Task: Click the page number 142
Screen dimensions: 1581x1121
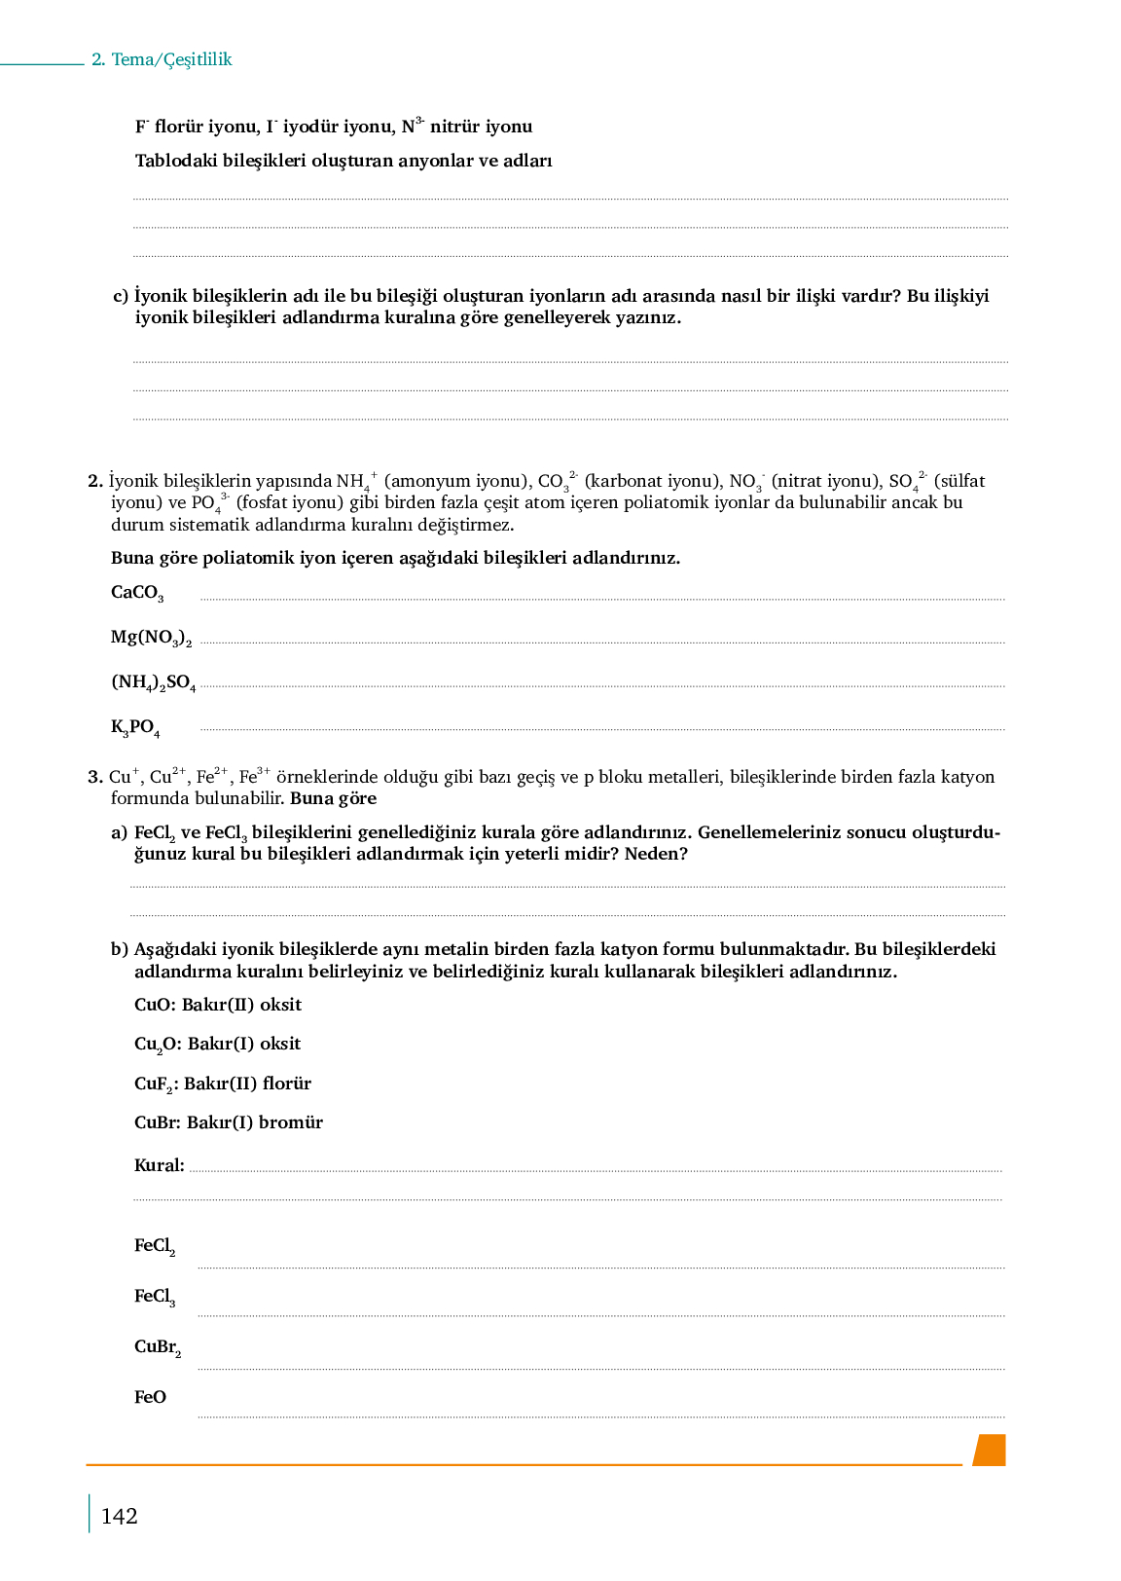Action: click(119, 1516)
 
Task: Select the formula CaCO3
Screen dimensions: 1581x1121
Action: click(137, 593)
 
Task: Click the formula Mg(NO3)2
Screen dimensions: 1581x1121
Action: click(151, 638)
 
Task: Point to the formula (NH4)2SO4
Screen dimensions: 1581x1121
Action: click(153, 682)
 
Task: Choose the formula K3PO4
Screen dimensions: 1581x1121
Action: click(135, 727)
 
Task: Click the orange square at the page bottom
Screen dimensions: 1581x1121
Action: click(990, 1450)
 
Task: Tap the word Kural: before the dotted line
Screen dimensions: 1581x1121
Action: click(159, 1165)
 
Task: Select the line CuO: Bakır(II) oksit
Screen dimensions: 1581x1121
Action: click(218, 1005)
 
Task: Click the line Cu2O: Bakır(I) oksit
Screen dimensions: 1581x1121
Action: click(217, 1045)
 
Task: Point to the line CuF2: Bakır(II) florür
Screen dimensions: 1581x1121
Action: click(223, 1084)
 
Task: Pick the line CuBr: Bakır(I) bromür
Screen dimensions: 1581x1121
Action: click(229, 1122)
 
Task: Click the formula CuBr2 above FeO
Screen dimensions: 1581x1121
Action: click(158, 1347)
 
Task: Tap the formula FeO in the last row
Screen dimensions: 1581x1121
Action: click(150, 1397)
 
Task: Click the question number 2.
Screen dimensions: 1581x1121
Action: click(94, 481)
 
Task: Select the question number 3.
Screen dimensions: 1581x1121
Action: click(94, 777)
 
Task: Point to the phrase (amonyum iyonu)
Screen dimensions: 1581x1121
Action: click(457, 481)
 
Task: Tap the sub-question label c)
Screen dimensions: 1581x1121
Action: click(121, 296)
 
